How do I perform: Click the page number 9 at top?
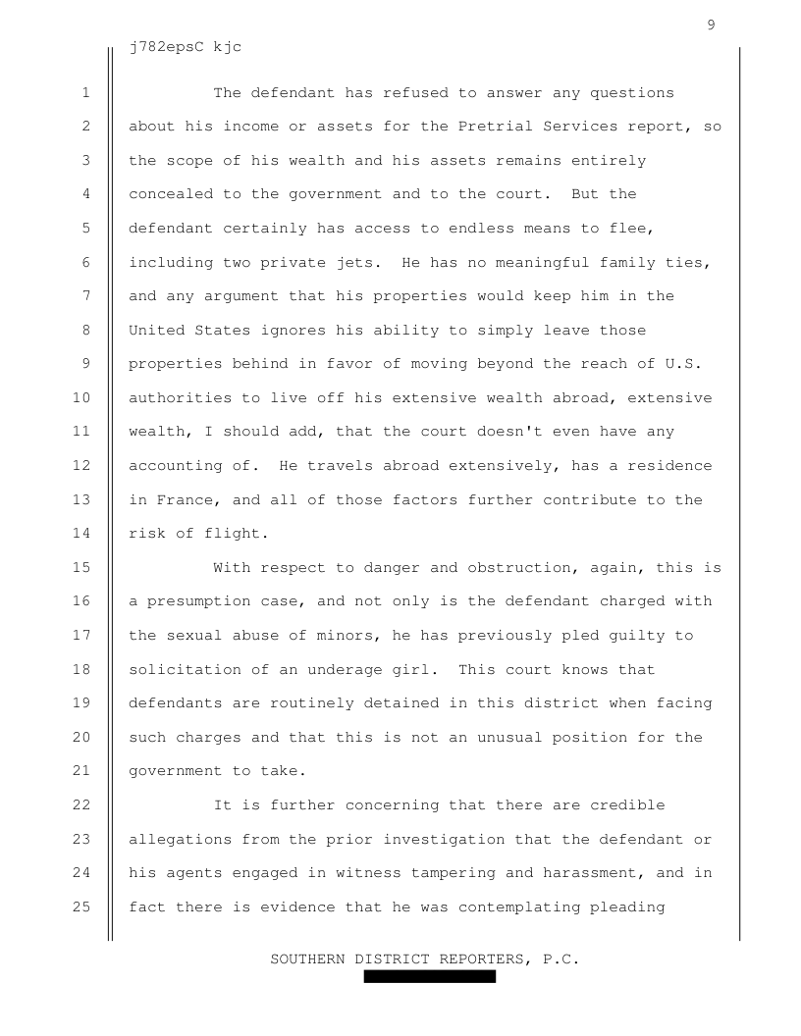[711, 25]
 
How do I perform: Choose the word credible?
[627, 804]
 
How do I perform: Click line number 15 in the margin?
[85, 568]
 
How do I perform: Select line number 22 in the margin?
[85, 804]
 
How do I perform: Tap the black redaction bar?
[429, 976]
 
